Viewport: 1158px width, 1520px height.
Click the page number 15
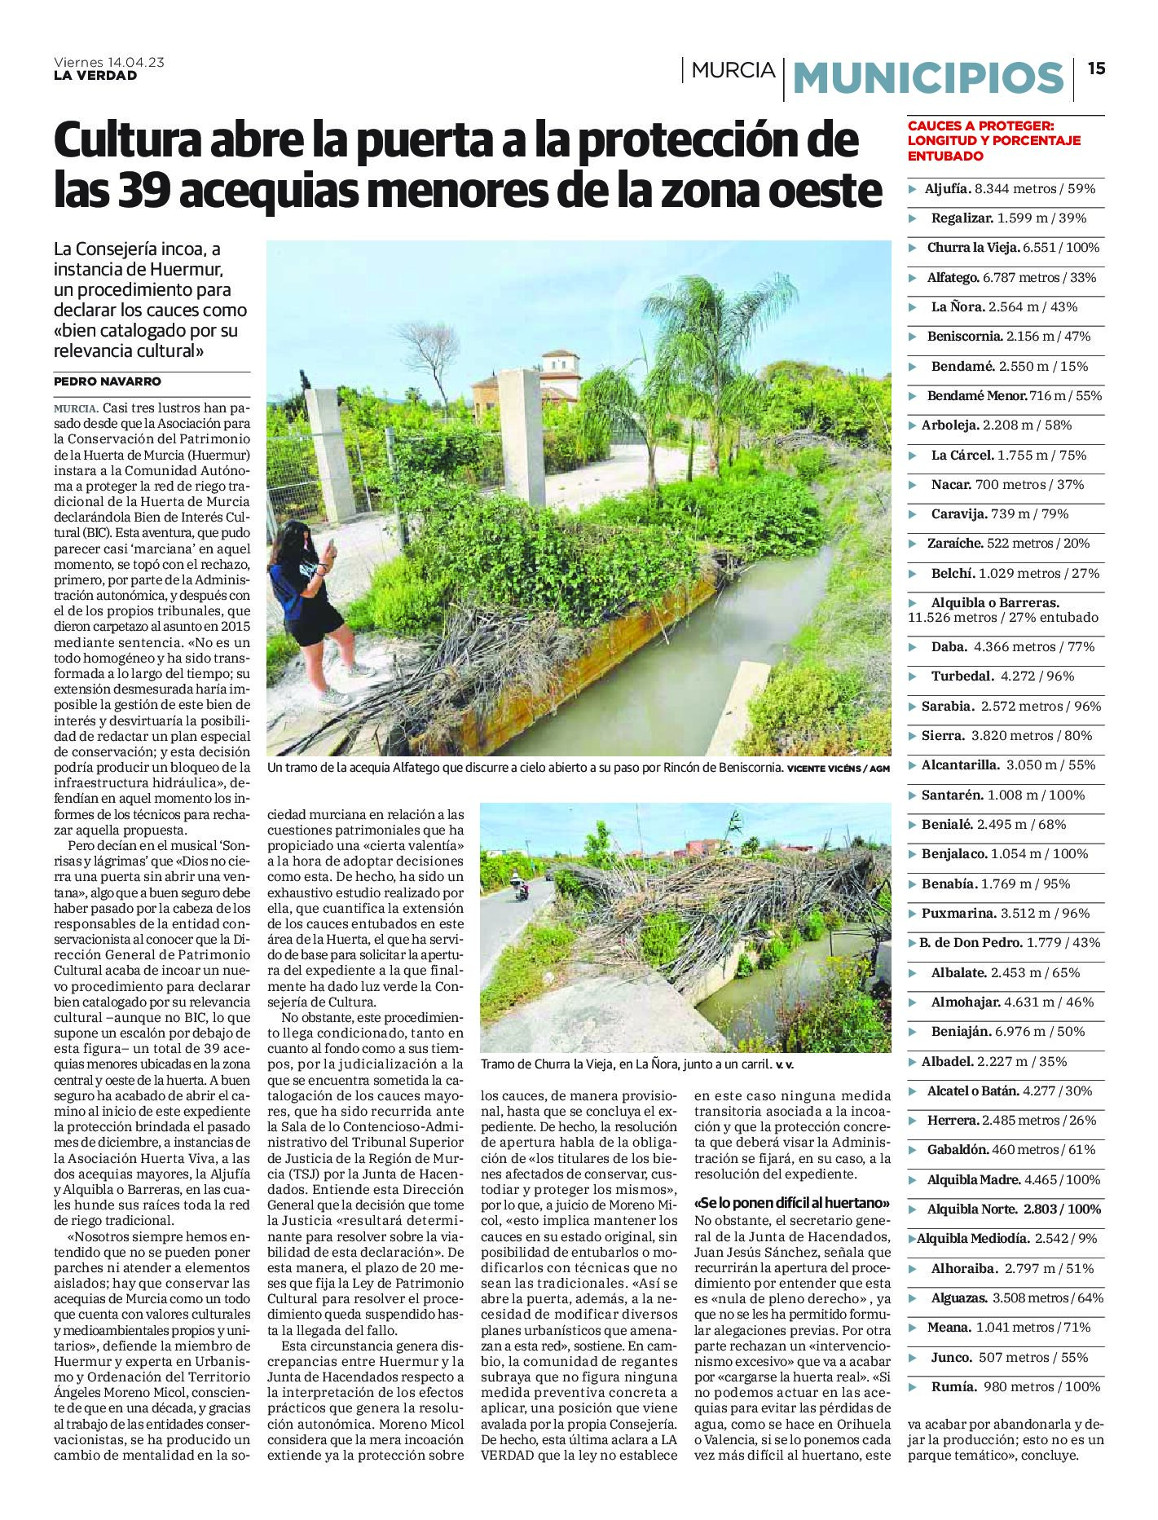point(1096,69)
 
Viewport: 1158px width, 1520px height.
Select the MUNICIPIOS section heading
point(928,78)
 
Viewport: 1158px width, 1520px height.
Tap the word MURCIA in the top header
point(733,71)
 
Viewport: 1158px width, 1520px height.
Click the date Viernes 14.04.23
point(108,62)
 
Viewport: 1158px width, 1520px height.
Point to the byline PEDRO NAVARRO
point(108,381)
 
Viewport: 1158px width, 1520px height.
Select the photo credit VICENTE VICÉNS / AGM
point(839,769)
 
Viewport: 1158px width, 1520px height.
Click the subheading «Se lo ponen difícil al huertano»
point(791,1204)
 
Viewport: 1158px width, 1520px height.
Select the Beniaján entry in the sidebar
point(1007,1032)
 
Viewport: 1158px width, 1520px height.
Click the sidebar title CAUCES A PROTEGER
point(981,126)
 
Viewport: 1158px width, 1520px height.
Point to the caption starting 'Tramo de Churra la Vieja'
point(636,1064)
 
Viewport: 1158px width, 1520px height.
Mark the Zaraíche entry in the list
point(1007,544)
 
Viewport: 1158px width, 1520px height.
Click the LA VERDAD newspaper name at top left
point(95,76)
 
